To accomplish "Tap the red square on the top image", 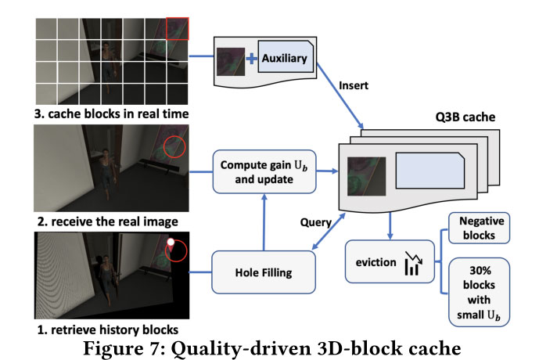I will (x=178, y=27).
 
